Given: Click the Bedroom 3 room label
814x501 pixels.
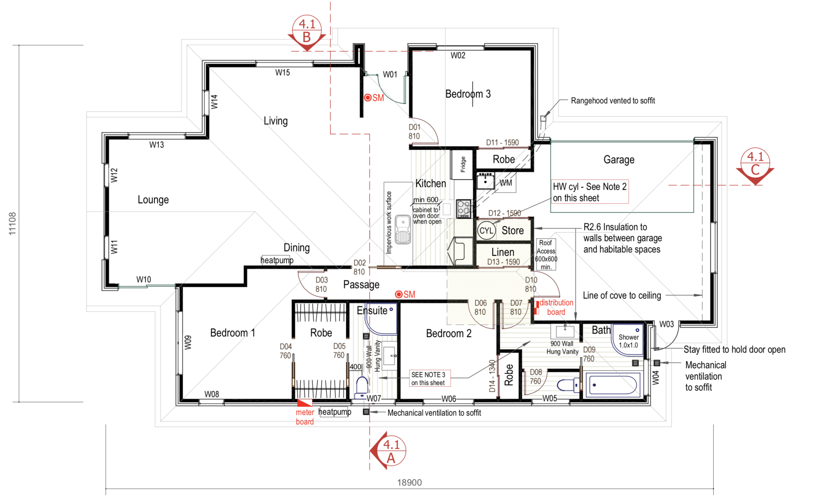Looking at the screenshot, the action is coord(468,94).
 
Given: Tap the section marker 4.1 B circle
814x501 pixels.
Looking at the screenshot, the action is coord(307,30).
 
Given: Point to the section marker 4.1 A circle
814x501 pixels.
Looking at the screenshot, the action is coord(391,451).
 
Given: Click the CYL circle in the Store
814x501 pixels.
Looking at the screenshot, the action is coord(486,231).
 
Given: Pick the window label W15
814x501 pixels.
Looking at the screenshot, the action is coord(283,73).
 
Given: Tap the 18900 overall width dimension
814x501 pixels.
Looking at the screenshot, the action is coord(410,482).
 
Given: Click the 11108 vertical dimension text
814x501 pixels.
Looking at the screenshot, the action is coord(12,224).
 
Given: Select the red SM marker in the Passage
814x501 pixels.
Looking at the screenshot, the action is coord(405,294).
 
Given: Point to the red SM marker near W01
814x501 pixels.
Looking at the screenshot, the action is coord(374,98).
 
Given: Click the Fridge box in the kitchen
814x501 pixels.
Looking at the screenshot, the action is coord(462,164).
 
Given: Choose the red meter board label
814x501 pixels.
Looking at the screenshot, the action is coord(305,417).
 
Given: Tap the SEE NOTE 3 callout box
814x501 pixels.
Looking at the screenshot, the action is coord(429,378).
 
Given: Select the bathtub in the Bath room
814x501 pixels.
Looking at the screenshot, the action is coord(613,385).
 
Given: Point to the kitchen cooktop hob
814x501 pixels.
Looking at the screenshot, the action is coord(463,209).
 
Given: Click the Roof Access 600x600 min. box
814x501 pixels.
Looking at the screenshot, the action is coord(546,254).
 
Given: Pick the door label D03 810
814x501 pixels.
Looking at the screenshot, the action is coord(321,285).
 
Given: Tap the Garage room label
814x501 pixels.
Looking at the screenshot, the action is coord(619,160).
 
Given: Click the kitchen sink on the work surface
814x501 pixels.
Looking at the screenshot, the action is coord(403,229).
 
